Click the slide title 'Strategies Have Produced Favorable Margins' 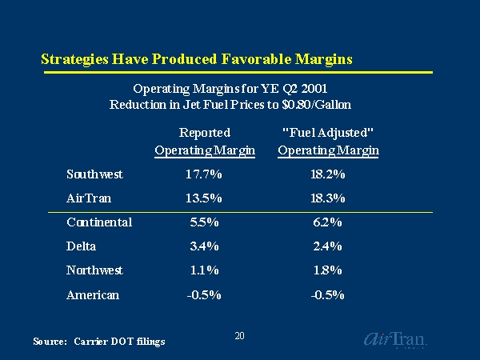197,59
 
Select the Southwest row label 94,174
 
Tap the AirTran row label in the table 90,198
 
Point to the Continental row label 99,222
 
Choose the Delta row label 82,246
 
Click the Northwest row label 95,270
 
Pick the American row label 93,294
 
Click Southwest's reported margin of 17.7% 203,174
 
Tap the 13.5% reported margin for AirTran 203,198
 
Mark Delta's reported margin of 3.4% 203,246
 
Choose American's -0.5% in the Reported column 203,294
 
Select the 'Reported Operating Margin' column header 205,142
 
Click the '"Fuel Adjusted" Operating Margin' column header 328,142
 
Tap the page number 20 239,336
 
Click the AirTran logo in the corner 395,339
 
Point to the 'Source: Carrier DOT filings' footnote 99,342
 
